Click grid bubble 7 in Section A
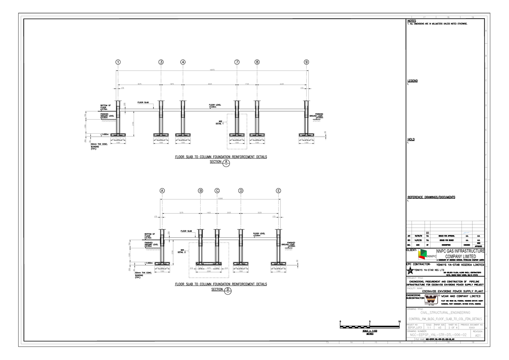coord(237,62)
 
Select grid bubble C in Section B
coord(217,191)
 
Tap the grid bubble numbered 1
coord(117,62)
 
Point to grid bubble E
coord(278,191)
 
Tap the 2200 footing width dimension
coord(209,272)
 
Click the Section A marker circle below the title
coord(227,163)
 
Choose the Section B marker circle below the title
coord(228,290)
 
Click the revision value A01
coord(478,335)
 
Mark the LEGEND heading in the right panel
coord(412,81)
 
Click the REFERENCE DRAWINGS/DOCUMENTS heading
coord(431,197)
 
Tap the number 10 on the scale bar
coord(399,321)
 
